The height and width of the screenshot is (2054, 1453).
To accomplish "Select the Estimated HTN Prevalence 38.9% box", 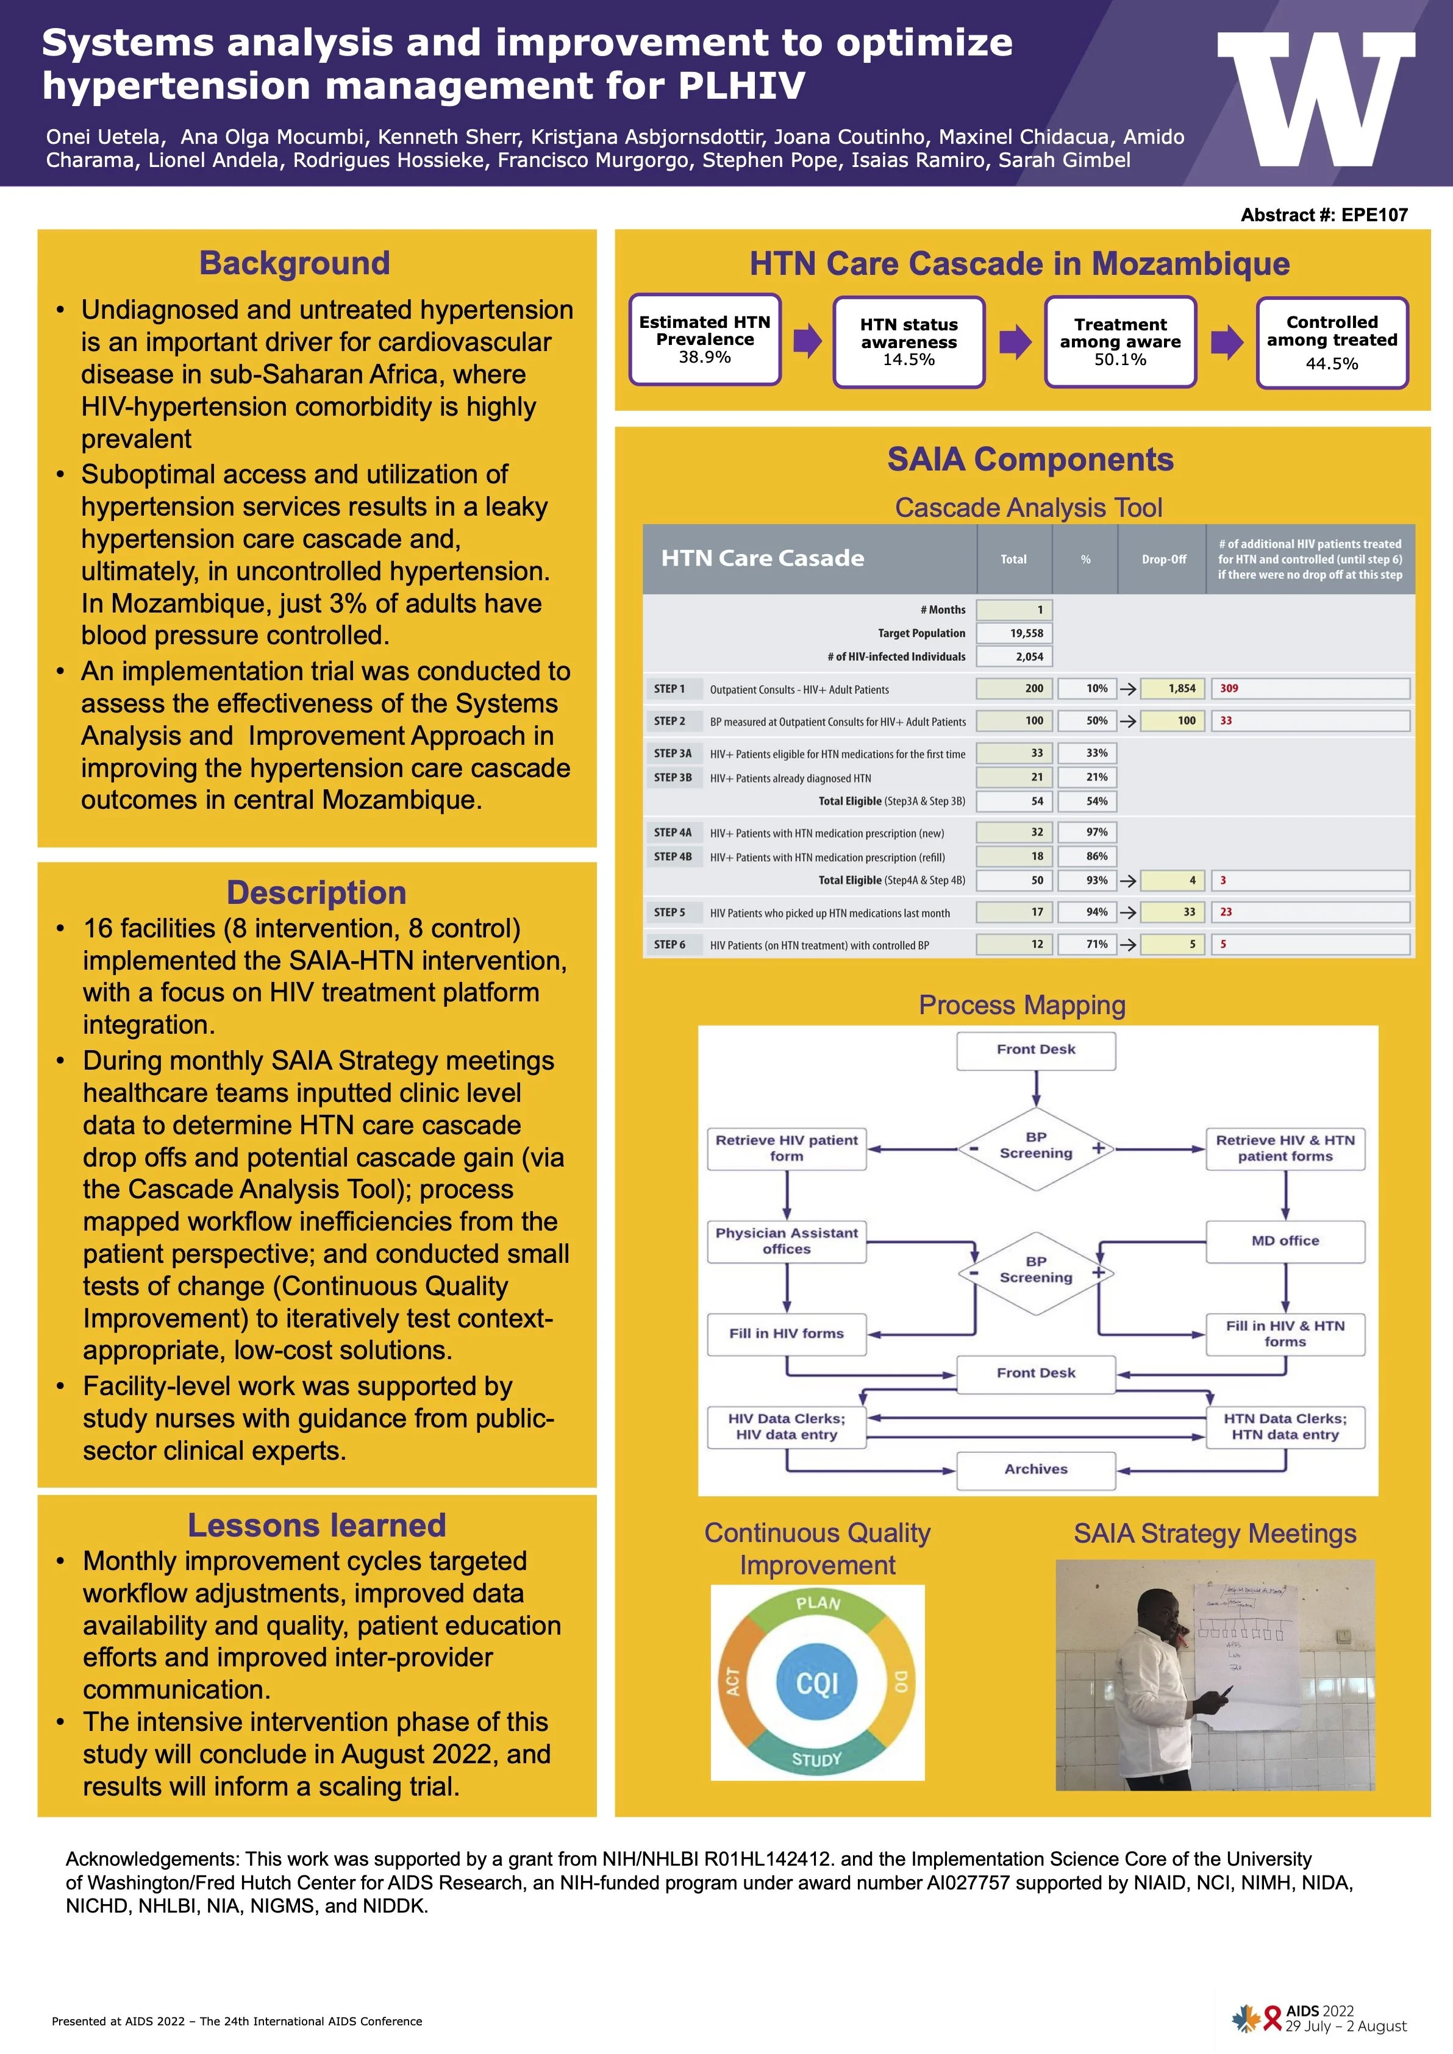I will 704,339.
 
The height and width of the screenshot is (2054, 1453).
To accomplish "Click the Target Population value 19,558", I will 1015,633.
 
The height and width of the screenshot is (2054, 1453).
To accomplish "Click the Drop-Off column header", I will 1163,559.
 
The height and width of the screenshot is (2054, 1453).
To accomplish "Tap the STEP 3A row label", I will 672,754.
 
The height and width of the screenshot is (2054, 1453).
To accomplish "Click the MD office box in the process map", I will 1285,1241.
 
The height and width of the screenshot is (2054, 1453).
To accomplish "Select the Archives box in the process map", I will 1035,1469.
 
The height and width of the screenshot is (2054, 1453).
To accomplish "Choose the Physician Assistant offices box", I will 787,1241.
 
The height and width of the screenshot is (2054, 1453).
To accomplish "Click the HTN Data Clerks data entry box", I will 1285,1426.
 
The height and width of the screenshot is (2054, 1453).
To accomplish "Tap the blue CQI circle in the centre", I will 817,1683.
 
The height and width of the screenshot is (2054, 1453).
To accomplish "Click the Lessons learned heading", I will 316,1526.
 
